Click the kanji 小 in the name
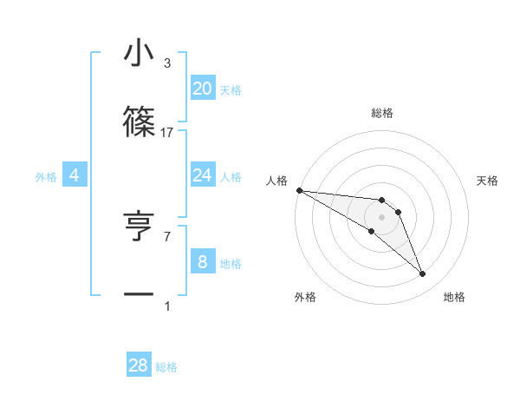click(x=139, y=54)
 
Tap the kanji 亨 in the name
click(x=139, y=226)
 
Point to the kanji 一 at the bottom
click(x=139, y=295)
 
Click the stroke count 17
click(x=167, y=132)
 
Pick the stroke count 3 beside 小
click(x=167, y=63)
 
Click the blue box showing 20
click(x=202, y=89)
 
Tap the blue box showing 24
click(x=202, y=175)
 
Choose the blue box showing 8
click(x=202, y=262)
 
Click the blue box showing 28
click(x=139, y=365)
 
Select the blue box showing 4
click(x=75, y=175)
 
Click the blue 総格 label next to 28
click(x=166, y=367)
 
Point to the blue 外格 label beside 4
click(x=46, y=177)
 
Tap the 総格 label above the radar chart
click(x=382, y=113)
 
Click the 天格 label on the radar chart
click(x=488, y=181)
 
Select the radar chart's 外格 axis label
click(x=305, y=297)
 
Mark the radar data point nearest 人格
click(x=299, y=189)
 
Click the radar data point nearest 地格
click(x=422, y=274)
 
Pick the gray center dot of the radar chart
click(x=382, y=217)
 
